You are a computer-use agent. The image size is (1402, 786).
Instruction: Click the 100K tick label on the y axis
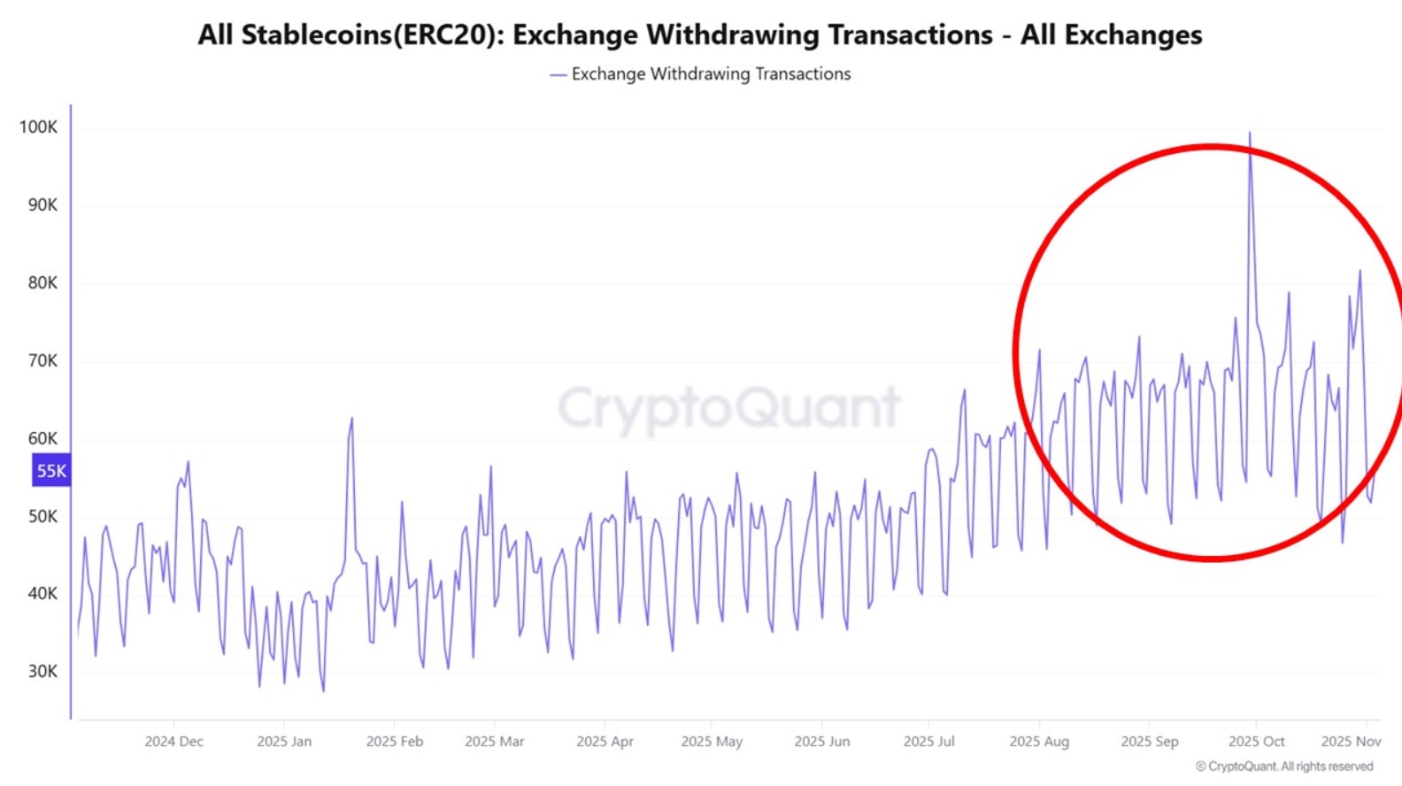(x=38, y=127)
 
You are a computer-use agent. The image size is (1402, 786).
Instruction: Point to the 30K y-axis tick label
(x=42, y=671)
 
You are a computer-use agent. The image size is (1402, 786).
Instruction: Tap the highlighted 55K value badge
(x=50, y=471)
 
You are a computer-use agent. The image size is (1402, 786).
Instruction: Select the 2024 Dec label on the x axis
(x=173, y=741)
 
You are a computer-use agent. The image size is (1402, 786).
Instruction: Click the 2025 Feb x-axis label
(x=394, y=741)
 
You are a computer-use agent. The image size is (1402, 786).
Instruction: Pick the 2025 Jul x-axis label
(x=928, y=741)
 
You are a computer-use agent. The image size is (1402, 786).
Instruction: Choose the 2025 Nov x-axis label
(x=1351, y=741)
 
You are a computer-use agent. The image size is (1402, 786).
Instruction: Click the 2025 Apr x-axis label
(x=605, y=741)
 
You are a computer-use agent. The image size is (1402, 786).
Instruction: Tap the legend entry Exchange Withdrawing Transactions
(x=710, y=74)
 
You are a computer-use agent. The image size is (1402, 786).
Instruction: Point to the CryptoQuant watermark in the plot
(x=728, y=408)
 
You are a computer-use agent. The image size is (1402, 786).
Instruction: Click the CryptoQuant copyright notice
(x=1284, y=767)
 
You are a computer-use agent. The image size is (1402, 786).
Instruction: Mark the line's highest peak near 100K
(x=1250, y=135)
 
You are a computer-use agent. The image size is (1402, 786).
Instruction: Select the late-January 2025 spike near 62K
(x=351, y=420)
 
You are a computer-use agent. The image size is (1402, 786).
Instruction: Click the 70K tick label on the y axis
(x=42, y=360)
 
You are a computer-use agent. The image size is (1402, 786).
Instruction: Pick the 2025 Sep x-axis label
(x=1149, y=741)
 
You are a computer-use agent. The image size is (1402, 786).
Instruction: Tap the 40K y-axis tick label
(x=42, y=593)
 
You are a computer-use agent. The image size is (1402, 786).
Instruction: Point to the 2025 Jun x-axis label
(x=821, y=741)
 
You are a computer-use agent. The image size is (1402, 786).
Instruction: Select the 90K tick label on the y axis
(x=42, y=204)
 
